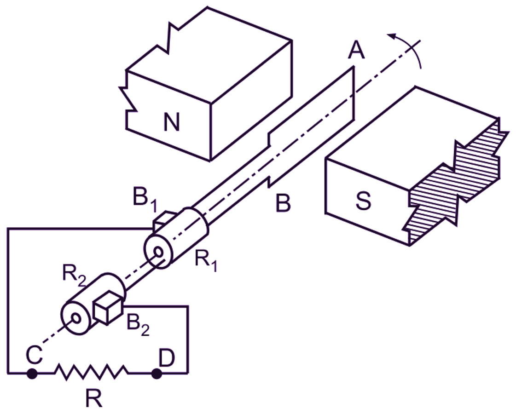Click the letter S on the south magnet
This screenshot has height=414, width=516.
pos(363,201)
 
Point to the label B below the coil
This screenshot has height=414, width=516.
pos(283,203)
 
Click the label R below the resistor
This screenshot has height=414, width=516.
pos(93,398)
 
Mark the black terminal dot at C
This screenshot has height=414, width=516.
pos(32,374)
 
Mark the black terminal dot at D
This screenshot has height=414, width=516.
pos(157,374)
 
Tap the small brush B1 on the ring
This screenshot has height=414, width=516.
pos(164,218)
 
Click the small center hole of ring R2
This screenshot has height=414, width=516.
pos(75,318)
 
